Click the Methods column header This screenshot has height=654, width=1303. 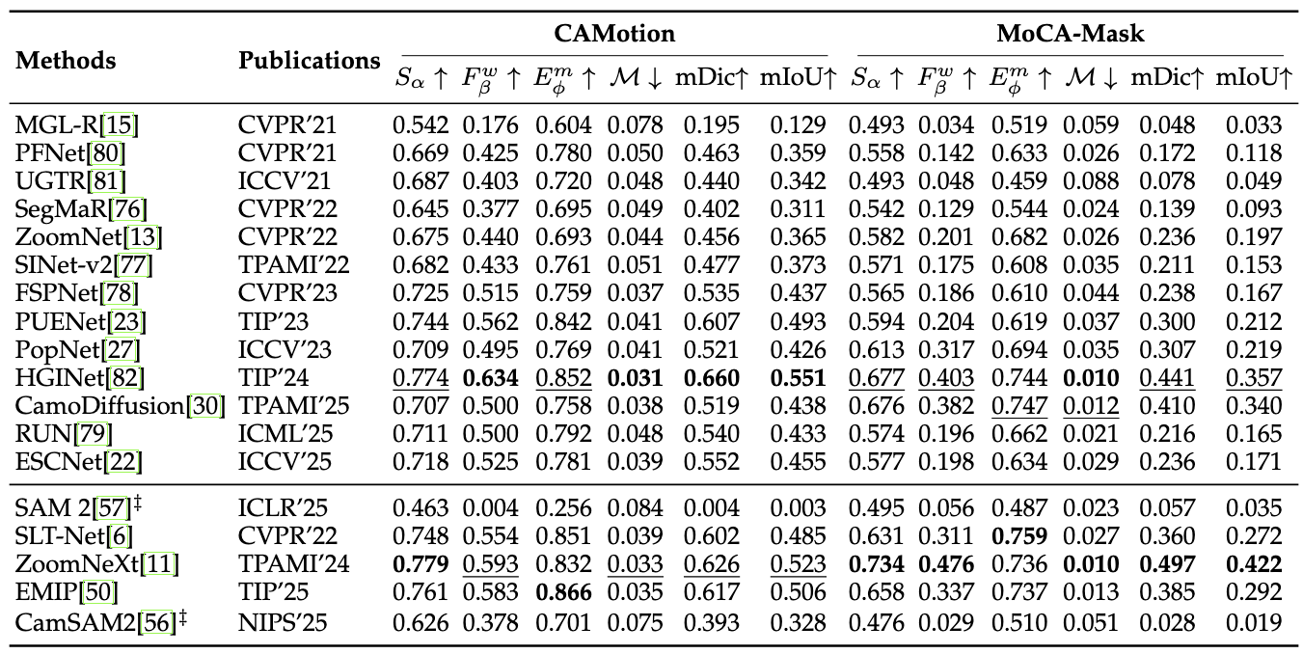[66, 60]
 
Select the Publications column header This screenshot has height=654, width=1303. [309, 60]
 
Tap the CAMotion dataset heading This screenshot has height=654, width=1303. [613, 34]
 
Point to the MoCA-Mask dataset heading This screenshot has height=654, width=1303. [1070, 34]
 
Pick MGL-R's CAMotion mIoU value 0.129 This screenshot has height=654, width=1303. [798, 124]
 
